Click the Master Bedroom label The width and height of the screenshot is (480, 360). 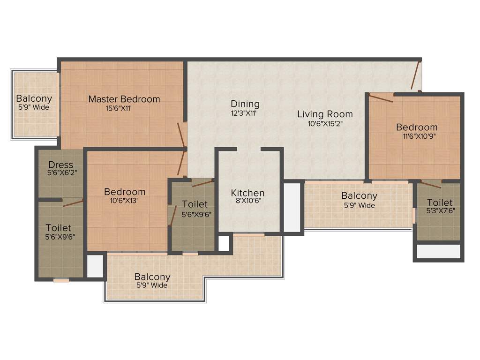pyautogui.click(x=124, y=99)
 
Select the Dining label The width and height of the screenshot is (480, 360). pyautogui.click(x=245, y=104)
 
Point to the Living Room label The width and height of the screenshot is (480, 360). pyautogui.click(x=325, y=114)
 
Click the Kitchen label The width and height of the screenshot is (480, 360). pyautogui.click(x=247, y=193)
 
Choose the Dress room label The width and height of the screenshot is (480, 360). pyautogui.click(x=60, y=165)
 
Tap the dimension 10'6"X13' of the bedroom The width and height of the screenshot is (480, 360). pyautogui.click(x=124, y=201)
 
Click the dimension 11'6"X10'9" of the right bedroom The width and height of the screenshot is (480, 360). pyautogui.click(x=417, y=136)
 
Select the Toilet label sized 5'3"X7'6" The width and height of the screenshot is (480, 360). pyautogui.click(x=439, y=202)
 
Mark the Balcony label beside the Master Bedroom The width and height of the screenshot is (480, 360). pyautogui.click(x=34, y=99)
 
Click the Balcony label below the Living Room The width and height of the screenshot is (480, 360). pyautogui.click(x=359, y=195)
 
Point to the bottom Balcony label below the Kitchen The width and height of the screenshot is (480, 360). pyautogui.click(x=152, y=277)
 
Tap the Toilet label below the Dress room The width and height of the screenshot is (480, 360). pyautogui.click(x=59, y=228)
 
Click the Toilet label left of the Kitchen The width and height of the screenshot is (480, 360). pyautogui.click(x=195, y=204)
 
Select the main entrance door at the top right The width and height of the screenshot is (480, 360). pyautogui.click(x=415, y=76)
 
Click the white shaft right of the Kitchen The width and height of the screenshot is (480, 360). pyautogui.click(x=292, y=207)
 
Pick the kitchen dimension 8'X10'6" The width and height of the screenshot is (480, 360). pyautogui.click(x=247, y=202)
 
